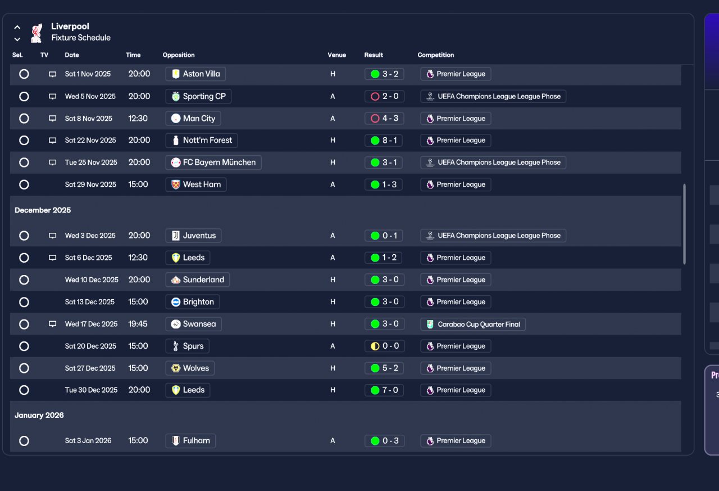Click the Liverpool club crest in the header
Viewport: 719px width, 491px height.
[x=37, y=33]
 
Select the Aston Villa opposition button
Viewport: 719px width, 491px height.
[x=195, y=74]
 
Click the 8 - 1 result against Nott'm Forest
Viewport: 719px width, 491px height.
[x=384, y=141]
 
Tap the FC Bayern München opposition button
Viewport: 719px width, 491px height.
[x=213, y=163]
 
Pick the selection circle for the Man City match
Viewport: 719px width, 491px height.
[x=24, y=119]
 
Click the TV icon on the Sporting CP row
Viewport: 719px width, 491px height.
[x=52, y=96]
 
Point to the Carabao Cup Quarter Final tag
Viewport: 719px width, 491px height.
[x=473, y=324]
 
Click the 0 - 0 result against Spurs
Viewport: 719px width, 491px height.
[x=385, y=346]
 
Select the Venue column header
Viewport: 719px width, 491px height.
[x=336, y=55]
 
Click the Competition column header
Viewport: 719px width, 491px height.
[x=435, y=55]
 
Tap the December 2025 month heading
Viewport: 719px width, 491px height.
[x=43, y=210]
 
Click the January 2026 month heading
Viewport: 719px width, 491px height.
[x=39, y=415]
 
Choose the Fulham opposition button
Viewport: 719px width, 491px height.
[x=190, y=441]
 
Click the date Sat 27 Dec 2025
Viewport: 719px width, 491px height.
[x=90, y=368]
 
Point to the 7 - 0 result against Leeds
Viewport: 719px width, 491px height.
[x=384, y=390]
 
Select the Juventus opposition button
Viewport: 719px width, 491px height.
[x=193, y=236]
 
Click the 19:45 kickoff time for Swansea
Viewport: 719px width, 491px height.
[x=138, y=324]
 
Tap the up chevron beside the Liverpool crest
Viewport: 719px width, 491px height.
[x=17, y=28]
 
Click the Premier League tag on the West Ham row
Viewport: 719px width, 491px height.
[x=456, y=185]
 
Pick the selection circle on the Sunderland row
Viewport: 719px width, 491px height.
[x=24, y=280]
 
